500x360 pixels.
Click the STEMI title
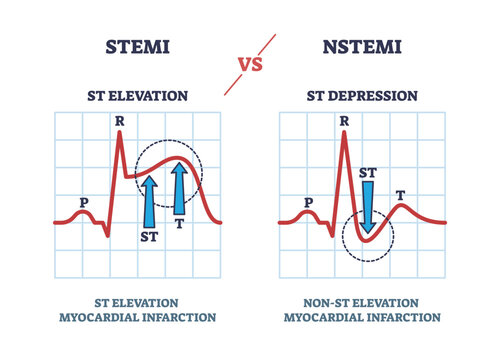point(136,47)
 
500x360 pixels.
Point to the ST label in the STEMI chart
point(148,237)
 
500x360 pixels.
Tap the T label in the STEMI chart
point(180,225)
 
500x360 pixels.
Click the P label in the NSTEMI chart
point(309,201)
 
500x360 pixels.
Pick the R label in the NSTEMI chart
point(345,124)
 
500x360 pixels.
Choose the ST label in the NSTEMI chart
point(367,172)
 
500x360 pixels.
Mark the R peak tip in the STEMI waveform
point(121,135)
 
